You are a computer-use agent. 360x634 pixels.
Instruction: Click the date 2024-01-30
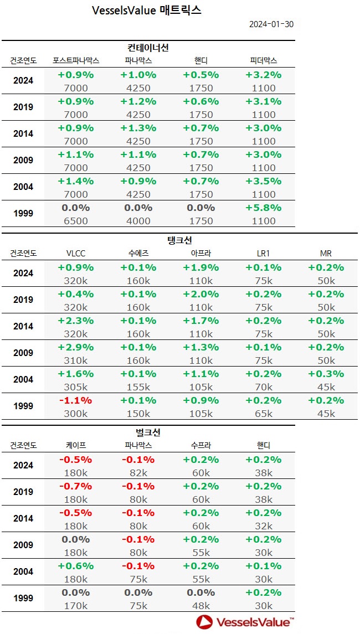pyautogui.click(x=271, y=24)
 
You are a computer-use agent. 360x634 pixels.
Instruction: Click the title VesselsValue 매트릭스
pyautogui.click(x=147, y=11)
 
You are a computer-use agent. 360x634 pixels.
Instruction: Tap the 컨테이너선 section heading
pyautogui.click(x=148, y=48)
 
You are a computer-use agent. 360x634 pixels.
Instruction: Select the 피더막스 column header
pyautogui.click(x=264, y=60)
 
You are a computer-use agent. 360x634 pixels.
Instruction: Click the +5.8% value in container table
pyautogui.click(x=264, y=208)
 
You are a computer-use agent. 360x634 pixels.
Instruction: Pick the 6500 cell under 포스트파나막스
pyautogui.click(x=76, y=220)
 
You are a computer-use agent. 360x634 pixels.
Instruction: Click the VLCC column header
pyautogui.click(x=76, y=253)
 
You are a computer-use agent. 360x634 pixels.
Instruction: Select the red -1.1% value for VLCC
pyautogui.click(x=76, y=400)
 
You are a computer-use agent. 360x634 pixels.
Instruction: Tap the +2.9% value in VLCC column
pyautogui.click(x=76, y=347)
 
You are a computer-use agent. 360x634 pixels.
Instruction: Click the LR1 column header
pyautogui.click(x=264, y=253)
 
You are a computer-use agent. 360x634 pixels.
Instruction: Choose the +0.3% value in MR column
pyautogui.click(x=326, y=374)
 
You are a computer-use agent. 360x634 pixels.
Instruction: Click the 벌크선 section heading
pyautogui.click(x=148, y=432)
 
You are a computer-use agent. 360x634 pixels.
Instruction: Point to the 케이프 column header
pyautogui.click(x=76, y=445)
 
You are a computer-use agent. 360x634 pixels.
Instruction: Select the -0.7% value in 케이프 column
pyautogui.click(x=76, y=486)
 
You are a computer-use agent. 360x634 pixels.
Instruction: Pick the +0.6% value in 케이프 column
pyautogui.click(x=76, y=566)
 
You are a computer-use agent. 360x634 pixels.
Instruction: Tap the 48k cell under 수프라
pyautogui.click(x=201, y=605)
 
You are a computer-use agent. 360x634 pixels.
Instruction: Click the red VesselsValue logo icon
pyautogui.click(x=204, y=621)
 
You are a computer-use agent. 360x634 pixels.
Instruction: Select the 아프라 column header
pyautogui.click(x=201, y=253)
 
